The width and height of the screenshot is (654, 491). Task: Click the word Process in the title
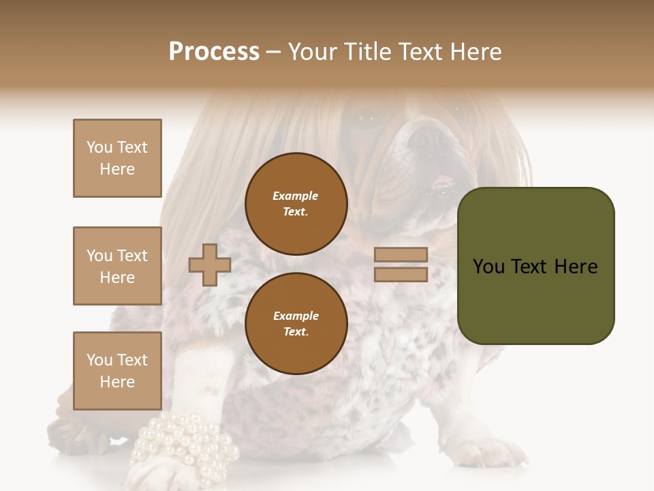214,51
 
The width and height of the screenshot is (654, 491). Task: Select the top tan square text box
117,158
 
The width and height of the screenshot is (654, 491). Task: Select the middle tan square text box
117,266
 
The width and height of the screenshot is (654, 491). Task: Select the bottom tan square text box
117,370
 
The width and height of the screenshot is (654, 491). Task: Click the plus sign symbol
210,264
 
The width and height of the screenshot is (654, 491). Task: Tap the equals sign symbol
401,265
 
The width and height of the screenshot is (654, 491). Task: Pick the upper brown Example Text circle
296,203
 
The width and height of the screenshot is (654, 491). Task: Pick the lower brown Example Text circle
296,323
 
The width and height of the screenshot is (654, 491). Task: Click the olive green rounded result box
535,265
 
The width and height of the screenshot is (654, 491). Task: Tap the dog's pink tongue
443,181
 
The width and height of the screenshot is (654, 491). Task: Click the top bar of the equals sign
401,254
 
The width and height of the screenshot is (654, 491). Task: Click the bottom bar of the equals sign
401,274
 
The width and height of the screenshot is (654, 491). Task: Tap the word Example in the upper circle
296,196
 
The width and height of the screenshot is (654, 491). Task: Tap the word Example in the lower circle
296,316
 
